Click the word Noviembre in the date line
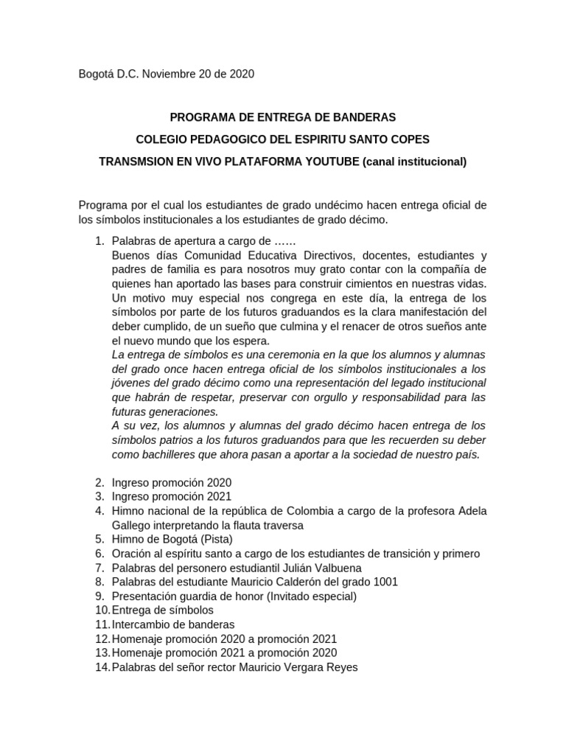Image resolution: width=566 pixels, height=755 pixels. click(173, 74)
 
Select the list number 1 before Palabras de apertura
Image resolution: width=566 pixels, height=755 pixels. click(99, 241)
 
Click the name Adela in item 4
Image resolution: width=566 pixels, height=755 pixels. click(472, 511)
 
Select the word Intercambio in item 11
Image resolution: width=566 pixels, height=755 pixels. click(142, 624)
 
